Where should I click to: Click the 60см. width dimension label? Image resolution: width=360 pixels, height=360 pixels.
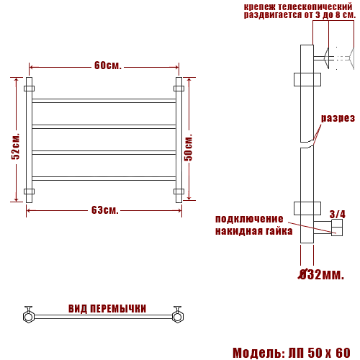click(x=108, y=66)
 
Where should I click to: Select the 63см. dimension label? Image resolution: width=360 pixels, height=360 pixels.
click(x=105, y=210)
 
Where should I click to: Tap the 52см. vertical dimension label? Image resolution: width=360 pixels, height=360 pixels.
click(x=16, y=146)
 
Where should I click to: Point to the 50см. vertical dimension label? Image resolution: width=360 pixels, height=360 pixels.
click(x=189, y=148)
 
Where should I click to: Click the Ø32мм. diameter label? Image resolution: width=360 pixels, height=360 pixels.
click(x=321, y=274)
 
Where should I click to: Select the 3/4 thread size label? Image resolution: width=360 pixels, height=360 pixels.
click(x=337, y=215)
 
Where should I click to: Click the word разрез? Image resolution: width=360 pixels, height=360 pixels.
click(x=338, y=118)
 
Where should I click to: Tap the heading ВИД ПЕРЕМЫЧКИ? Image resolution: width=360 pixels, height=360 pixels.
click(x=107, y=309)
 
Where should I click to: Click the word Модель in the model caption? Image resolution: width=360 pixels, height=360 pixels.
click(x=258, y=353)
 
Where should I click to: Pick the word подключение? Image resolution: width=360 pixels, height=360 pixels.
click(x=249, y=219)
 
